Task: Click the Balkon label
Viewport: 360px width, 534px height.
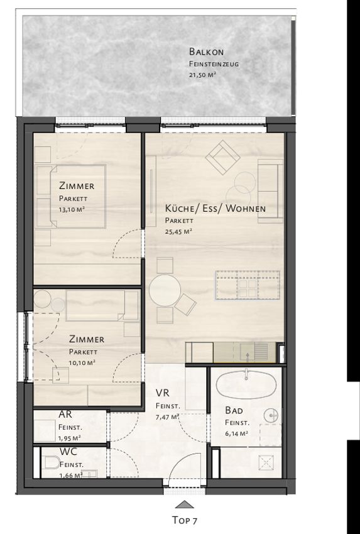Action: click(207, 52)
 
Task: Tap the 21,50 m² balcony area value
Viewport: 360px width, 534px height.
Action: click(203, 75)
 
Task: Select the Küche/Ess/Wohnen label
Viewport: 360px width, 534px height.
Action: click(215, 208)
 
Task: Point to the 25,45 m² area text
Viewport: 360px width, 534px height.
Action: click(178, 232)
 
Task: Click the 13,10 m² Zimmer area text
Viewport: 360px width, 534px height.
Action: click(72, 210)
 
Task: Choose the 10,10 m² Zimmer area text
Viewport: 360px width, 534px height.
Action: click(82, 363)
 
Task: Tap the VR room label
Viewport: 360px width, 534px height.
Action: click(162, 393)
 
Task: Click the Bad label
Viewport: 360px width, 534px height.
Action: click(234, 410)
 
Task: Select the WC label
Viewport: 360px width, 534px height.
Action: click(68, 452)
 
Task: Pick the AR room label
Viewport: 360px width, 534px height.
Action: click(65, 415)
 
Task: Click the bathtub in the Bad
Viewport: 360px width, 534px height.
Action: click(245, 384)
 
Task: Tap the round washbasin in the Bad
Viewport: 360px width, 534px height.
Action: click(271, 415)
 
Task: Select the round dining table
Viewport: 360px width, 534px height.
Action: click(165, 290)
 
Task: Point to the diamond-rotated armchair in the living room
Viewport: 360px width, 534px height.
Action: click(223, 157)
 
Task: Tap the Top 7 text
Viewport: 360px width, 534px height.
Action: click(185, 520)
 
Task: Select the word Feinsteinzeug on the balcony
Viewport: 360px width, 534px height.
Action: click(214, 63)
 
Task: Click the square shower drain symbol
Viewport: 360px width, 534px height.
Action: click(266, 462)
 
